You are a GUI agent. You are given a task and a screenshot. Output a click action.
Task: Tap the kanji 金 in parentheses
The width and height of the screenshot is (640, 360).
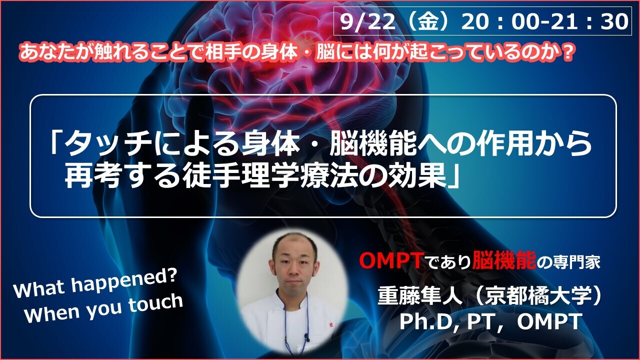(428, 21)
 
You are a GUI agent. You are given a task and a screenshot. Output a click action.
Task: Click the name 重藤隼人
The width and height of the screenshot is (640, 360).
(420, 296)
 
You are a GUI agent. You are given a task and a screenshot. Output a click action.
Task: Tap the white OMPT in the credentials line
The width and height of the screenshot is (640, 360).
(549, 321)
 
